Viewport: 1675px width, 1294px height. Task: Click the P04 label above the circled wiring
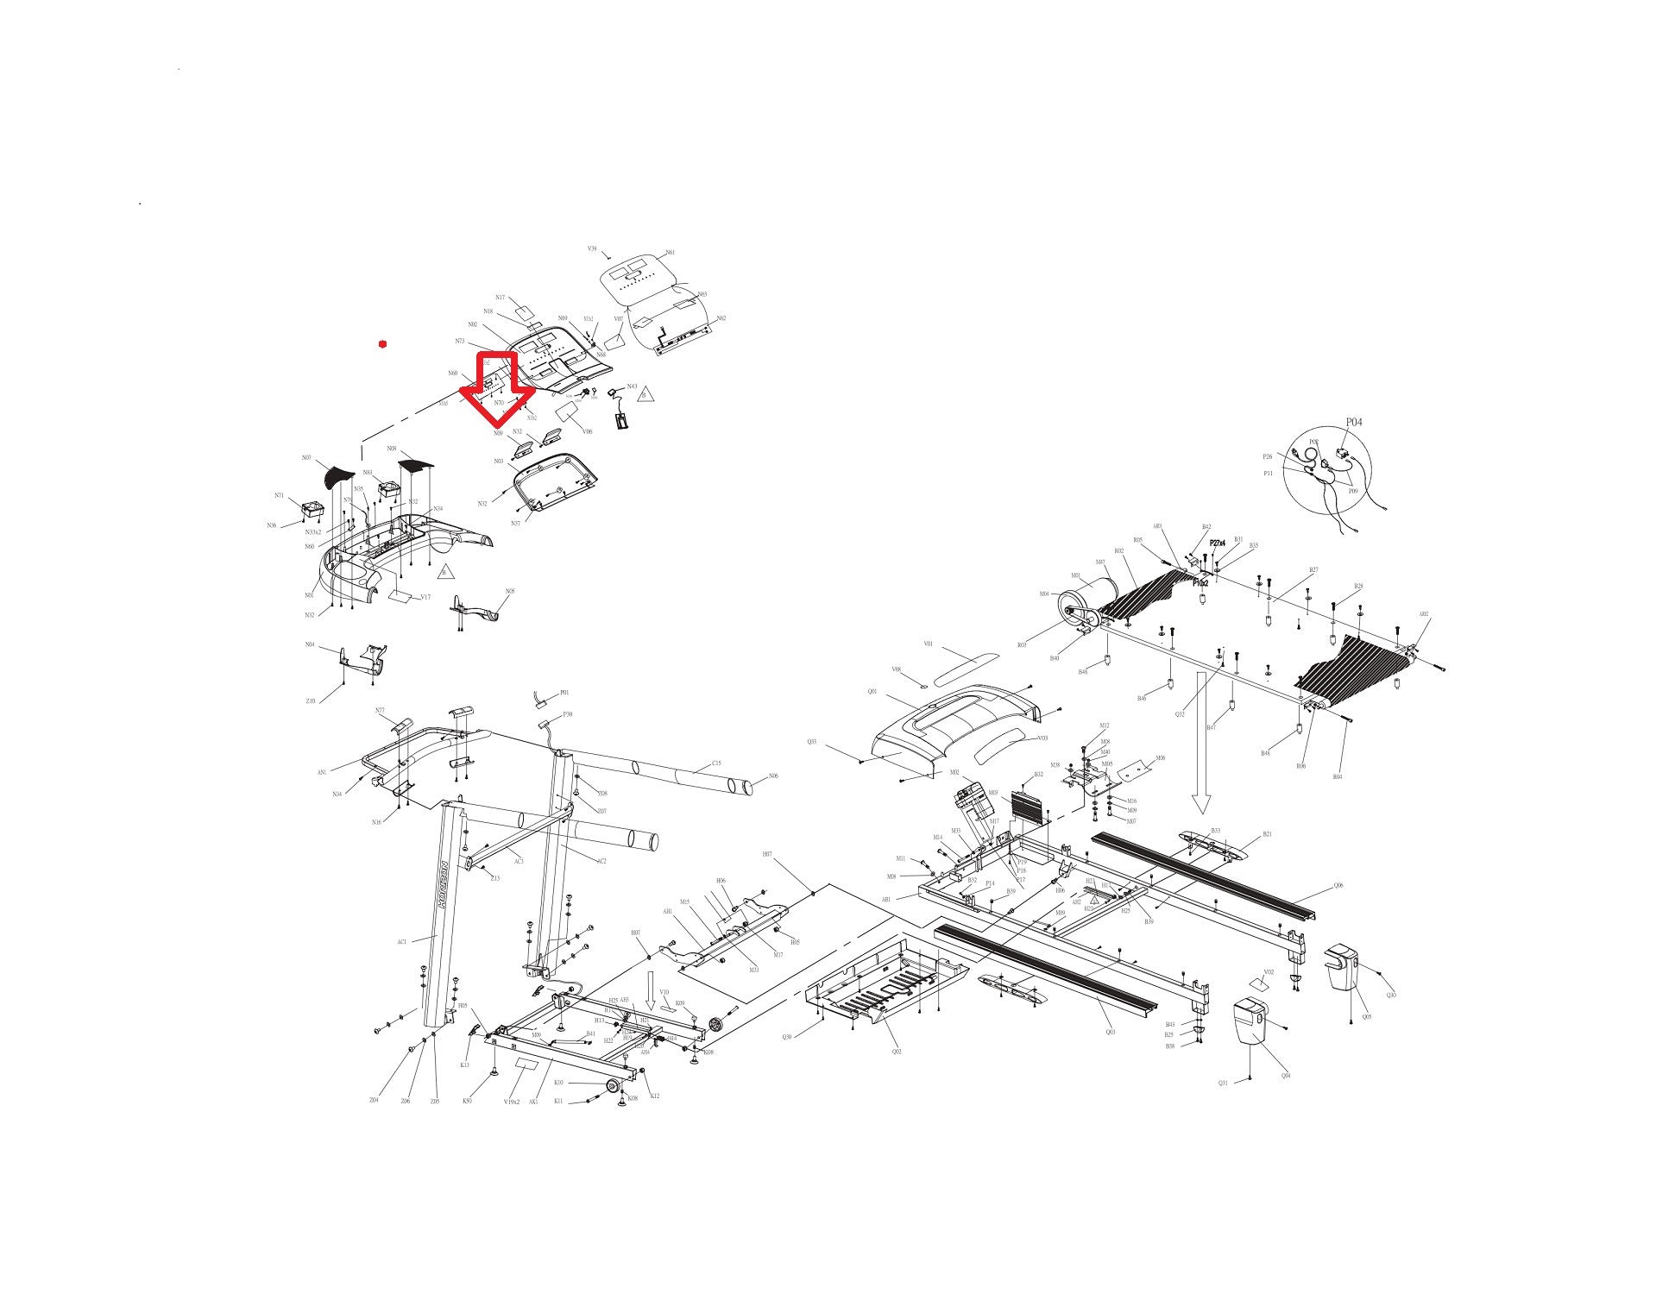[x=1354, y=423]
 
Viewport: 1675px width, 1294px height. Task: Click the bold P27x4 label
[x=1217, y=543]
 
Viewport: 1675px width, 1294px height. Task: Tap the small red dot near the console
[x=382, y=344]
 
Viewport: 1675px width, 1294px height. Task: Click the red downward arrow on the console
[x=497, y=389]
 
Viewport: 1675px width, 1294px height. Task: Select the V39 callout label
[x=592, y=248]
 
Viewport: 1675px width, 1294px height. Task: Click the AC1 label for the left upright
[x=401, y=942]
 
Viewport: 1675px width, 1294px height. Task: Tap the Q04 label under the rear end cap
[x=1285, y=1075]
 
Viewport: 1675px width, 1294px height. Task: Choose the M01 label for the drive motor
[x=1075, y=575]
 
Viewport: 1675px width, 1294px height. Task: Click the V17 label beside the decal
[x=425, y=597]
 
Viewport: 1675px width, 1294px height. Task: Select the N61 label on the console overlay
[x=671, y=253]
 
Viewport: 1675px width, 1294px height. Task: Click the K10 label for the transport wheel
[x=558, y=1083]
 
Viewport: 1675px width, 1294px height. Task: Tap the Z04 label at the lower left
[x=374, y=1100]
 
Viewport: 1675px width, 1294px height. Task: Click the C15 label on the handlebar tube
[x=716, y=763]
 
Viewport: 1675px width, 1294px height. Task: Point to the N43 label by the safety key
[x=632, y=386]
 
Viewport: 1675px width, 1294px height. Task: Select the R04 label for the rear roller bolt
[x=1337, y=777]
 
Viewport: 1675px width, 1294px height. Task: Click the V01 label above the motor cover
[x=928, y=644]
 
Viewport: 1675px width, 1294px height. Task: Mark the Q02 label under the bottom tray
[x=897, y=1052]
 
